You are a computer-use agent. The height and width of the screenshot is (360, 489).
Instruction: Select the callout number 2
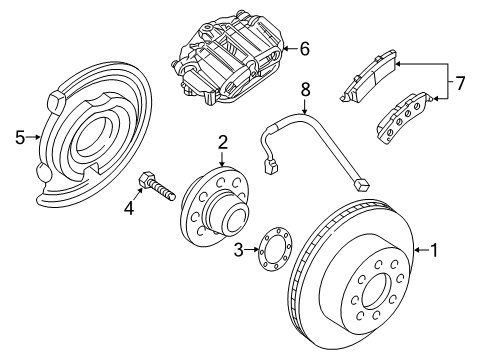coord(223,143)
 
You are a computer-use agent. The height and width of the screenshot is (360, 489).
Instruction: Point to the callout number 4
coord(128,208)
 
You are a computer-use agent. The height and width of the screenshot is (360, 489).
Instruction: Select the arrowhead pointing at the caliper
coord(286,46)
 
